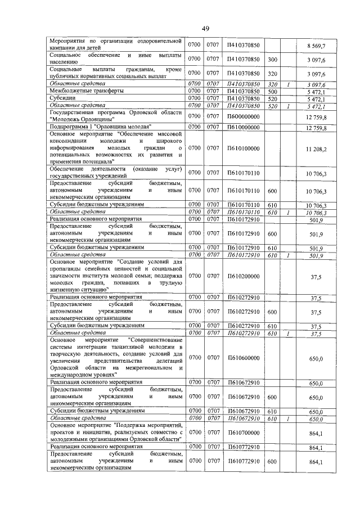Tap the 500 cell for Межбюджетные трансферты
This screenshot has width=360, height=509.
[272, 91]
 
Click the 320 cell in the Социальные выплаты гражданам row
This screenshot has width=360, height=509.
[272, 73]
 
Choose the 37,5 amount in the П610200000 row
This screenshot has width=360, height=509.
[316, 276]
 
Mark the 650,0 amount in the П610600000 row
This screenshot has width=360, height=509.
[315, 358]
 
